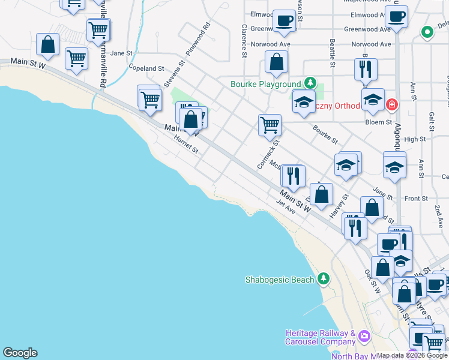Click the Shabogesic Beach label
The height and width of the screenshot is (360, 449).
coord(279,280)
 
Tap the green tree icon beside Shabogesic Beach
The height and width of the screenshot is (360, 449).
coord(324,278)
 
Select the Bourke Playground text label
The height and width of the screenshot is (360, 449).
coord(265,84)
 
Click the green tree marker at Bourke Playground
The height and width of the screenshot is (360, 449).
coord(310,83)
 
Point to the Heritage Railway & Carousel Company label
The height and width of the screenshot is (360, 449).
coord(321,337)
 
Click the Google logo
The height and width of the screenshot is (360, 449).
coord(20,353)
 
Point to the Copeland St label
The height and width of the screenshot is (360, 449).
coord(146,68)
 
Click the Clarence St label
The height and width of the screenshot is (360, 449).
coord(245,41)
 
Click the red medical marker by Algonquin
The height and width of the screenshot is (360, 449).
coord(391,105)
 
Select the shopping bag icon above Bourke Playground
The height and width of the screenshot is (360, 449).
coord(276,62)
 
